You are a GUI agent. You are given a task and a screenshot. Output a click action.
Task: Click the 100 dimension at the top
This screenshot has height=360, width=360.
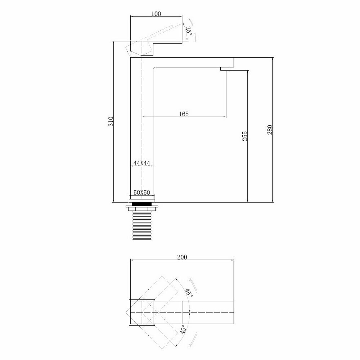point(156,14)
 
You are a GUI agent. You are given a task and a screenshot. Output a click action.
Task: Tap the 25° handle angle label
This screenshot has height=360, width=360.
point(189,30)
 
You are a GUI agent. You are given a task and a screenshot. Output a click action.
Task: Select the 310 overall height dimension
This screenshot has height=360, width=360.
point(111,121)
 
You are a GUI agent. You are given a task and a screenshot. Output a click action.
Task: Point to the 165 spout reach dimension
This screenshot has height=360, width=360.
point(184,114)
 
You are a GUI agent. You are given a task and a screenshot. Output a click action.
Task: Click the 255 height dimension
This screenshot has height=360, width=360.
point(245,136)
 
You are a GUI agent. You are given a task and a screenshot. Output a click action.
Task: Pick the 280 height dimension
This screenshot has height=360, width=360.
point(270,130)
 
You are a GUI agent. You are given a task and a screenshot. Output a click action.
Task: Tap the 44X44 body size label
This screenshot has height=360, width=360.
point(141,163)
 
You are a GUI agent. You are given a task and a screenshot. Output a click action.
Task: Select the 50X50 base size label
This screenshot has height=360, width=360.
point(141,192)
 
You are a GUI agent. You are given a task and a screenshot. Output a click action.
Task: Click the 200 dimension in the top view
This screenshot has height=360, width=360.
point(182,257)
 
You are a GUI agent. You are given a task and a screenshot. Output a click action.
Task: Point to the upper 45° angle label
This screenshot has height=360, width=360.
point(189,293)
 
